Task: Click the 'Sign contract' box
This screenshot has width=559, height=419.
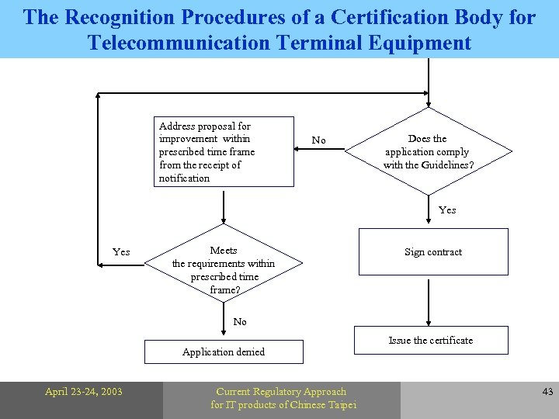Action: click(432, 252)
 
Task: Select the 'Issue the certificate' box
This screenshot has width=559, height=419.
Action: click(431, 340)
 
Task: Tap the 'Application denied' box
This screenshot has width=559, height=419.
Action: click(224, 351)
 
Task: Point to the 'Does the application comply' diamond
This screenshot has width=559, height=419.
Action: click(428, 151)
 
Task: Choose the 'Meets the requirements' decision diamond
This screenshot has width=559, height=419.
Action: click(224, 269)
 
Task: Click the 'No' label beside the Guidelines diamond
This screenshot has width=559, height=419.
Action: click(318, 140)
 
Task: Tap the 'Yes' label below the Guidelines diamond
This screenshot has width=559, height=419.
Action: click(447, 209)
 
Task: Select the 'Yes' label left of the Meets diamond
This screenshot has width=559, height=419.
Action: click(121, 251)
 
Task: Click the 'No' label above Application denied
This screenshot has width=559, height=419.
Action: click(240, 321)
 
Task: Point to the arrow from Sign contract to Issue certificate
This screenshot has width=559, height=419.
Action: click(429, 303)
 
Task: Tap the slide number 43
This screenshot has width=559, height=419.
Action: click(547, 392)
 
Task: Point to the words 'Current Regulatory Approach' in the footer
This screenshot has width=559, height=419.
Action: click(281, 392)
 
